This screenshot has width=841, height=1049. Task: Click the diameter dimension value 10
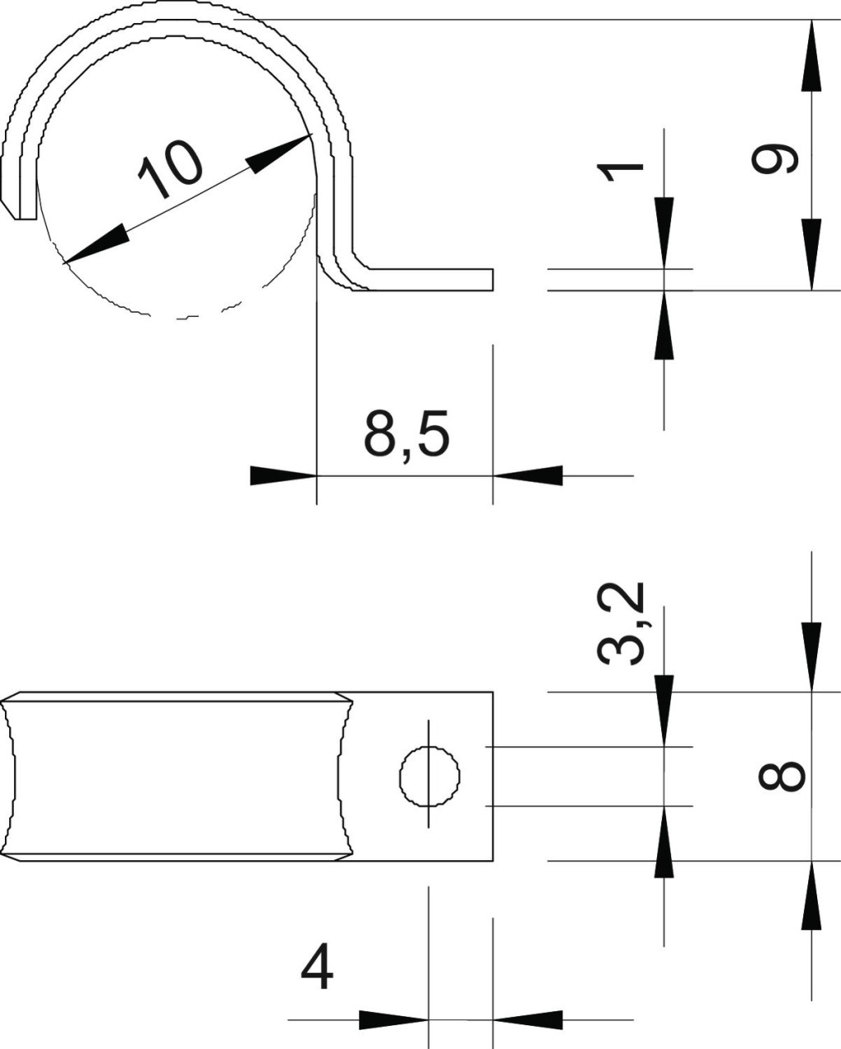(x=170, y=170)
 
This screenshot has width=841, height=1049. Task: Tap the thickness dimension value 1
(x=619, y=172)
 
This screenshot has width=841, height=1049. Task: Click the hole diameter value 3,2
(x=621, y=624)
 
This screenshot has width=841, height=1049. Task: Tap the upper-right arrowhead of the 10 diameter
(x=279, y=153)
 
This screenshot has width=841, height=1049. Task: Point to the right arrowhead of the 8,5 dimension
(x=527, y=475)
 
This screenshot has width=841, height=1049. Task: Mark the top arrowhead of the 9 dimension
(x=811, y=55)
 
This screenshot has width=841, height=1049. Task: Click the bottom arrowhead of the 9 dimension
(x=811, y=254)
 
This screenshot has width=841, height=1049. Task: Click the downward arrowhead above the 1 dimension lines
(x=664, y=232)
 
